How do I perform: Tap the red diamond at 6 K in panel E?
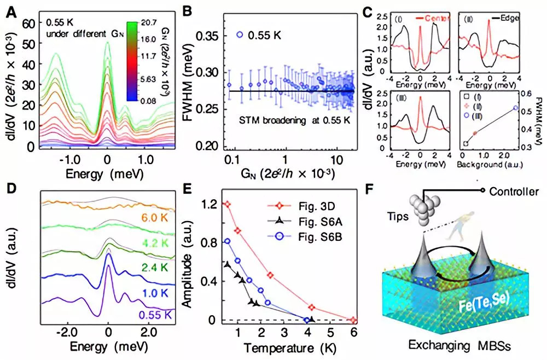click(353, 320)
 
